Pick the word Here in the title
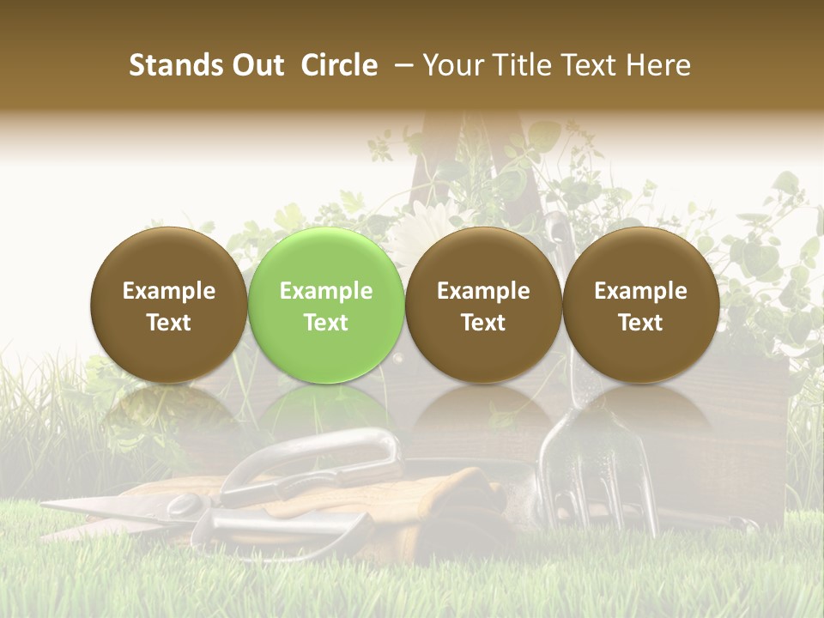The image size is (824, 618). point(659,65)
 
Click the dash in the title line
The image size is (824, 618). point(400,65)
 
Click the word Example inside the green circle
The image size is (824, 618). point(325,291)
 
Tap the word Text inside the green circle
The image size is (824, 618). point(325,323)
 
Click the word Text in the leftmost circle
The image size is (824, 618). point(168,323)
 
